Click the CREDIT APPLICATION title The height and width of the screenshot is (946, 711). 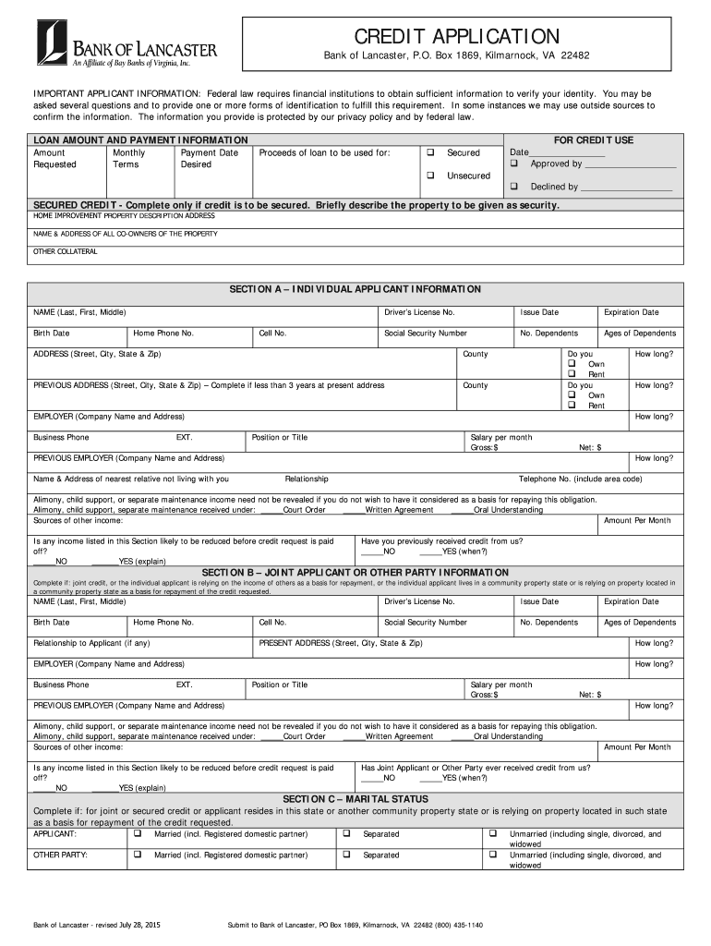456,36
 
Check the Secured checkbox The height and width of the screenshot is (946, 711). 430,152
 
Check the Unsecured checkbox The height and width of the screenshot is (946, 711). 430,176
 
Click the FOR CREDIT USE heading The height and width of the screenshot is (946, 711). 593,140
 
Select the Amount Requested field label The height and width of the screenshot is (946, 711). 55,158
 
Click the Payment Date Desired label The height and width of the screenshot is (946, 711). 209,158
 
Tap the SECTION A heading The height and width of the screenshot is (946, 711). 355,289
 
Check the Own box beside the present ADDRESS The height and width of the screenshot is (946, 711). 572,364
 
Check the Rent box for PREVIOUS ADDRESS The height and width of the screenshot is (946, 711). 572,406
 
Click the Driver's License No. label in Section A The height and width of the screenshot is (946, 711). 419,312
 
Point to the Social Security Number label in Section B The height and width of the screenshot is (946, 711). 425,623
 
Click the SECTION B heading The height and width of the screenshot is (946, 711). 355,573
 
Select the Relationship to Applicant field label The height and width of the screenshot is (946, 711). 91,643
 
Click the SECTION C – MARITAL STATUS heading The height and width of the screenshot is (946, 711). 355,798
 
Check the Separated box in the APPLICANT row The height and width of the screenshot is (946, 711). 346,833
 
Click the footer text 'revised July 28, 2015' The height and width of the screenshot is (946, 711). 130,925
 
